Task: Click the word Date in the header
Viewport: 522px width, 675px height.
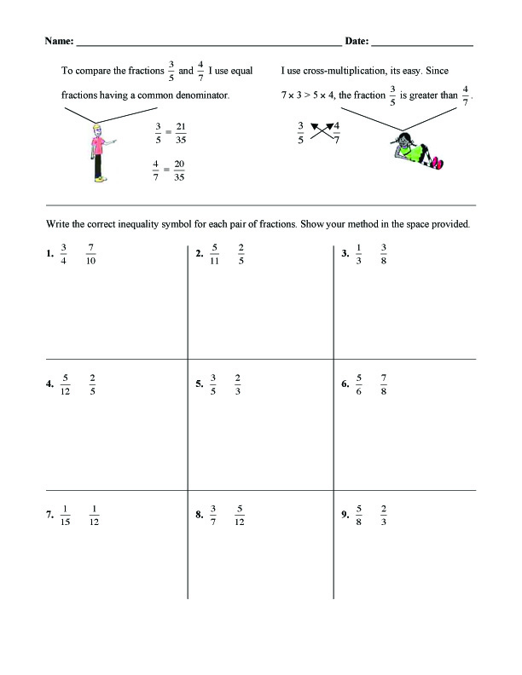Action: click(357, 41)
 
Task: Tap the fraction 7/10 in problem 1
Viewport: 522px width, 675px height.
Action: click(91, 254)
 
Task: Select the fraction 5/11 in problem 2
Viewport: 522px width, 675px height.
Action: click(216, 254)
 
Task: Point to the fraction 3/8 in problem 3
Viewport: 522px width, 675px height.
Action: click(384, 254)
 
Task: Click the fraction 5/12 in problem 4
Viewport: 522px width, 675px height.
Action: click(67, 384)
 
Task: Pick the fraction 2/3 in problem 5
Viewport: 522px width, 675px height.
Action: click(238, 384)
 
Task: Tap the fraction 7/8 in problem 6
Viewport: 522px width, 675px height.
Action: click(385, 384)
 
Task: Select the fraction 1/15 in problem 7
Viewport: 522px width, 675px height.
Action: click(66, 516)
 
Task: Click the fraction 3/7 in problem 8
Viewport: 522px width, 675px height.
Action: click(213, 516)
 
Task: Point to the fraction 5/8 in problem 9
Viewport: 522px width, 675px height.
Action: click(360, 516)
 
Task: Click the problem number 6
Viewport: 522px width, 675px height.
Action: click(345, 385)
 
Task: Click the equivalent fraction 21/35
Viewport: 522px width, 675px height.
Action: click(181, 131)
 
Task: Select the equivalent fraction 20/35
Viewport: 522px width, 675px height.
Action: click(179, 171)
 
